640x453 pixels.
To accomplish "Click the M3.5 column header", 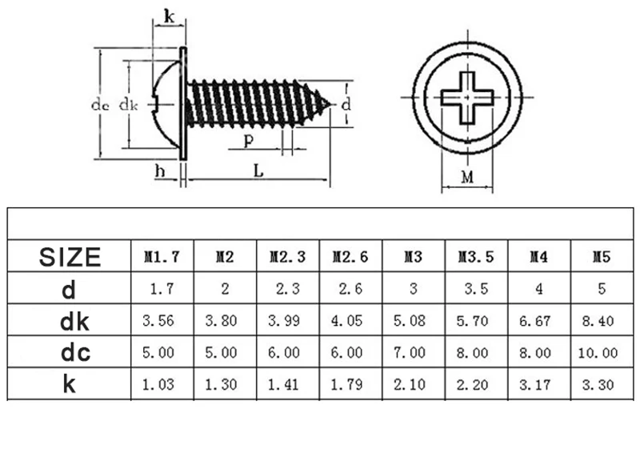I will (x=476, y=257).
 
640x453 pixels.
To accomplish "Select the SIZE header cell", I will (x=70, y=257).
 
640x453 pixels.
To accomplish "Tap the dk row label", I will (x=70, y=321).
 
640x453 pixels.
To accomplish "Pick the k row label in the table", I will (x=70, y=384).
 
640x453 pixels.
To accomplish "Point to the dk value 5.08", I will (x=413, y=321).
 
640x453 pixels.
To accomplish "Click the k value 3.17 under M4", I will (x=538, y=384).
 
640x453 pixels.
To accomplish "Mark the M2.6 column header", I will (x=350, y=257).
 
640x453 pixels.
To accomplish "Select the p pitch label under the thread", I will (x=249, y=140).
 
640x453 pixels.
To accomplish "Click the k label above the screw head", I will (x=167, y=16).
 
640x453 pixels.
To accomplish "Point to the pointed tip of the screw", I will (x=329, y=103).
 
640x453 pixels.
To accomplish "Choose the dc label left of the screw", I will (x=99, y=105).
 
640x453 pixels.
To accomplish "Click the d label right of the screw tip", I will (x=345, y=105).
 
